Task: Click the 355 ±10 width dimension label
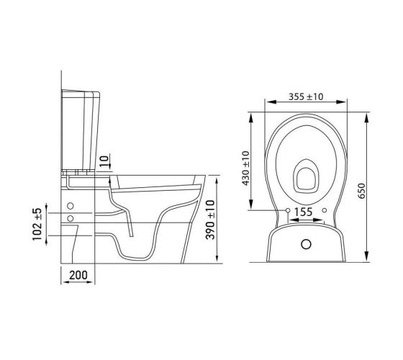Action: [x=306, y=96]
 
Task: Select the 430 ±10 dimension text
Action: [x=245, y=168]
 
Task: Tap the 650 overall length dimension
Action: [x=361, y=191]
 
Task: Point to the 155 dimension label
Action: [x=303, y=212]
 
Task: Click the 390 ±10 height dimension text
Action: [x=210, y=220]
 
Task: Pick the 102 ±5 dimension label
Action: [x=37, y=224]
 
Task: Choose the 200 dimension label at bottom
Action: [x=78, y=275]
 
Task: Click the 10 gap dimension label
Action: [x=104, y=161]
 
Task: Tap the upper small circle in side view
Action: [x=71, y=206]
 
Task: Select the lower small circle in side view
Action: [x=71, y=219]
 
